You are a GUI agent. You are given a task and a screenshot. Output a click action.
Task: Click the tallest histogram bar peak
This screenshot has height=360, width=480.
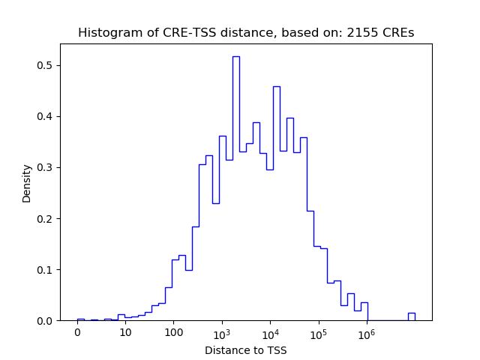pos(235,57)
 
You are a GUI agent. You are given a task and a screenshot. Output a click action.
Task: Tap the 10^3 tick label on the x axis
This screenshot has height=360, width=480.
pos(221,333)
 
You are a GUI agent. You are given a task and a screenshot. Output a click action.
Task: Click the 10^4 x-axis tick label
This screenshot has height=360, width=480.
pos(270,333)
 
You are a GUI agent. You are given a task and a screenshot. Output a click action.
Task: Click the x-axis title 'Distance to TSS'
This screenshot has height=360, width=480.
pos(246,349)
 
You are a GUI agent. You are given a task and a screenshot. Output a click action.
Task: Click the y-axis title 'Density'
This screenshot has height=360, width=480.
pos(27,184)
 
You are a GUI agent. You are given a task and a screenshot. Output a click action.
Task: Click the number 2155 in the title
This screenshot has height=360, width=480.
pos(360,33)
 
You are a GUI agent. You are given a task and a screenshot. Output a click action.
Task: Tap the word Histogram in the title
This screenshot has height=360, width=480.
pos(105,33)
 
